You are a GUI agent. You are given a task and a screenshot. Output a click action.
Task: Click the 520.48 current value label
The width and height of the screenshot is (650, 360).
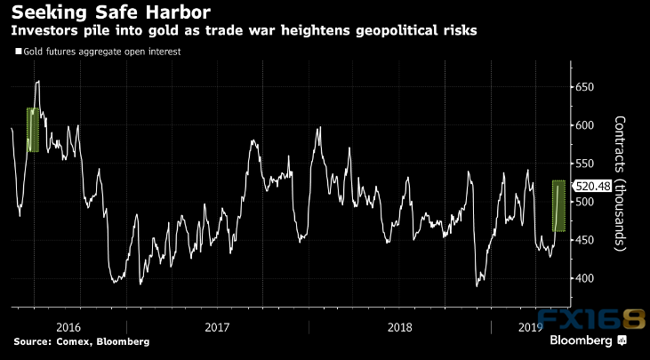pyautogui.click(x=591, y=187)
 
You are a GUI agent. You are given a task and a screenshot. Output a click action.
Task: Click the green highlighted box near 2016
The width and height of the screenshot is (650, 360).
pyautogui.click(x=34, y=130)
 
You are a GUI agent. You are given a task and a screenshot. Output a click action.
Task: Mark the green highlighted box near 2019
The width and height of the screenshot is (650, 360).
pyautogui.click(x=558, y=206)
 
